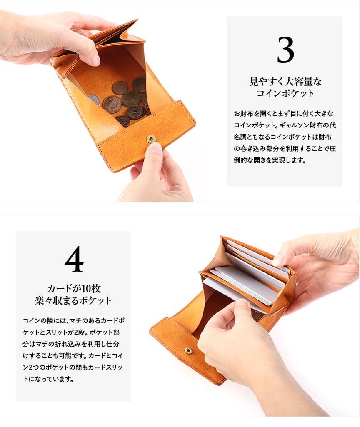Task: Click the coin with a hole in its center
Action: [135, 112]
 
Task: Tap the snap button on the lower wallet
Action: [188, 350]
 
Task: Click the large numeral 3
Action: [285, 50]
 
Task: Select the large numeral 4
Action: [74, 259]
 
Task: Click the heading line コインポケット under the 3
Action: [285, 93]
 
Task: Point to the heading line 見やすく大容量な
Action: [285, 81]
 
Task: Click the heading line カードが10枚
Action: [74, 288]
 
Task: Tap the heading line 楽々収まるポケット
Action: [73, 300]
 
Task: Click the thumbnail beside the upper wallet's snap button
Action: [156, 147]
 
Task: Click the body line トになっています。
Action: [48, 379]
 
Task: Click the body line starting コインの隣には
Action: [73, 320]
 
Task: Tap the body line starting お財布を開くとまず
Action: [283, 114]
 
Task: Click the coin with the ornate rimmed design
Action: [112, 104]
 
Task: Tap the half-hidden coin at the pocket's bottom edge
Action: [123, 121]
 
